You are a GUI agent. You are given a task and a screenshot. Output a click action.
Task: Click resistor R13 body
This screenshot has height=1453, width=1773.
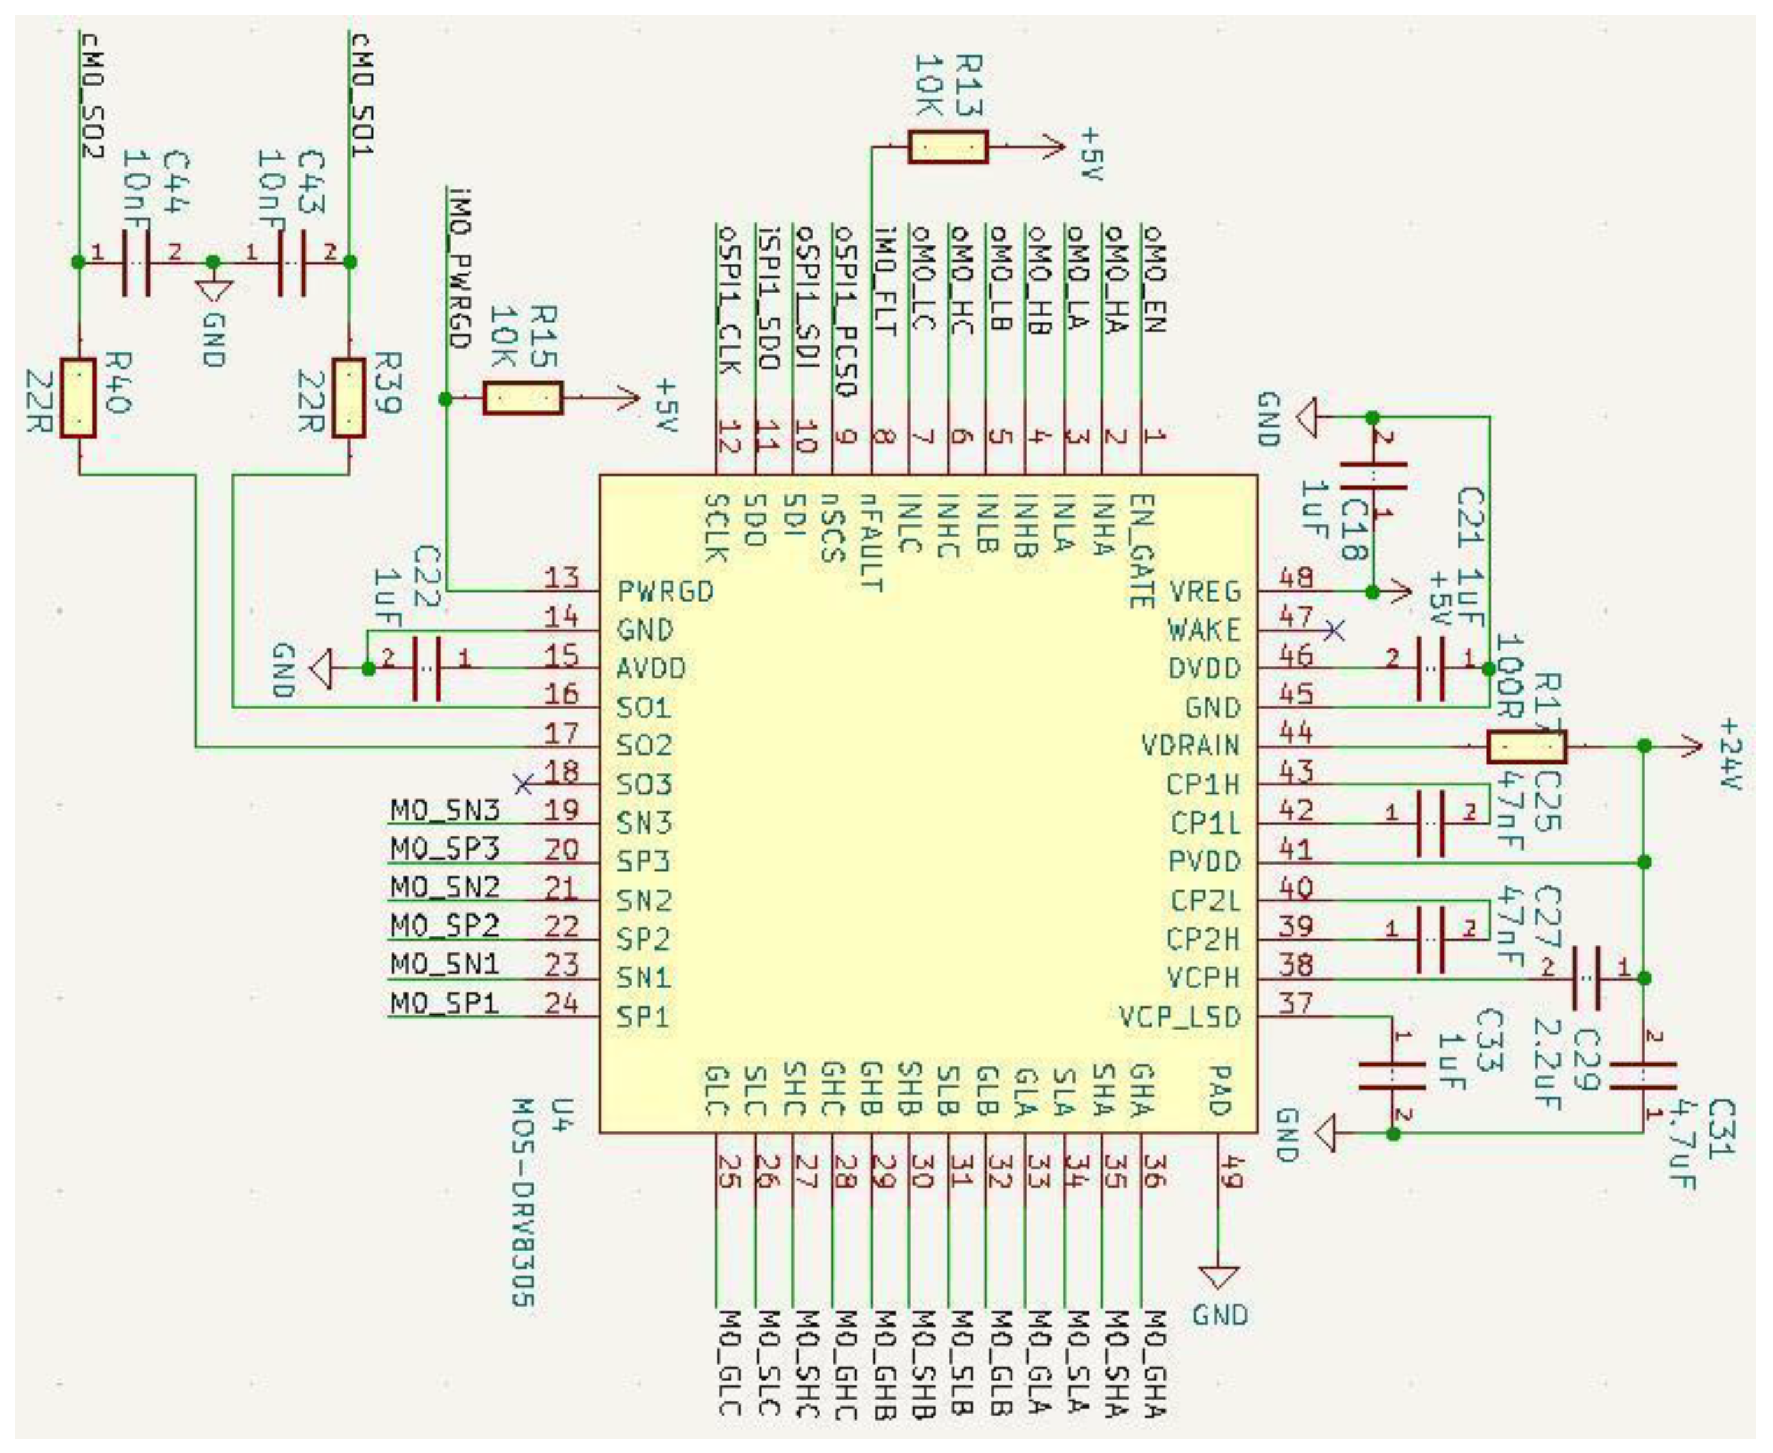pyautogui.click(x=947, y=148)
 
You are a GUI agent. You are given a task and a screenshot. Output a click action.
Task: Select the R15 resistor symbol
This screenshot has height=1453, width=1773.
pyautogui.click(x=522, y=398)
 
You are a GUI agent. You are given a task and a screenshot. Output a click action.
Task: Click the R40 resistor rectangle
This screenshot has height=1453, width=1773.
pyautogui.click(x=79, y=398)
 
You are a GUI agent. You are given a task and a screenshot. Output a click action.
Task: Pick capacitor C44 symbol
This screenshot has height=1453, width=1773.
pyautogui.click(x=137, y=263)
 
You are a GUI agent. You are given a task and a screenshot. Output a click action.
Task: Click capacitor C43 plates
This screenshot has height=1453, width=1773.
pyautogui.click(x=292, y=263)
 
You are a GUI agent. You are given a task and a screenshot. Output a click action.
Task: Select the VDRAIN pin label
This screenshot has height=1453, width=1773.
pyautogui.click(x=1190, y=746)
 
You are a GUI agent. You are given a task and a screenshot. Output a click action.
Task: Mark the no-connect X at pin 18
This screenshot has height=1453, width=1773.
pyautogui.click(x=523, y=784)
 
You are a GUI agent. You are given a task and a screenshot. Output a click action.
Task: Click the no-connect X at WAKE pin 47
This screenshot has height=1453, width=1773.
pyautogui.click(x=1334, y=630)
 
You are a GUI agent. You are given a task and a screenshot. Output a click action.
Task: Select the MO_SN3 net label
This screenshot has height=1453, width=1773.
pyautogui.click(x=445, y=810)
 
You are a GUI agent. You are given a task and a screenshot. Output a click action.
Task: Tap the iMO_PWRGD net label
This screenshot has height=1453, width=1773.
pyautogui.click(x=458, y=268)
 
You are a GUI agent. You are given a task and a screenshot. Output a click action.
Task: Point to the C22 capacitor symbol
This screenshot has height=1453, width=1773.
pyautogui.click(x=427, y=669)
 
